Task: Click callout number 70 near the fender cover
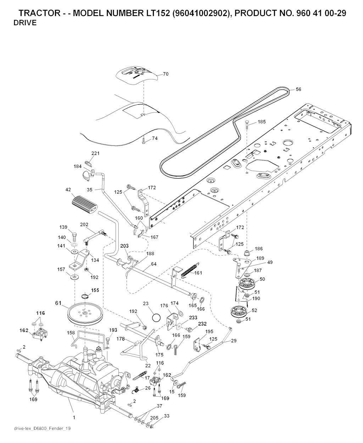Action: pyautogui.click(x=166, y=74)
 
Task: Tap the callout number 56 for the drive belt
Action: pyautogui.click(x=298, y=89)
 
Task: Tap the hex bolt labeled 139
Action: pyautogui.click(x=74, y=235)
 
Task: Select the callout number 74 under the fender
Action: pyautogui.click(x=155, y=138)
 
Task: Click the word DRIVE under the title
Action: pyautogui.click(x=25, y=23)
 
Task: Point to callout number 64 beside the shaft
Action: pyautogui.click(x=153, y=264)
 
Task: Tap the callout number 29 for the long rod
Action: pyautogui.click(x=234, y=340)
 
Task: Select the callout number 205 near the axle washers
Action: pyautogui.click(x=154, y=418)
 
